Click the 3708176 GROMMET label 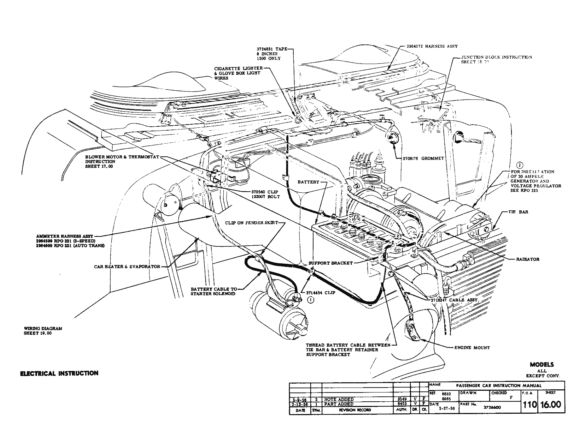(423, 158)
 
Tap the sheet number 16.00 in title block (551, 405)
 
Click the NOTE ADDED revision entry (339, 399)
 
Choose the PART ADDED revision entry (339, 404)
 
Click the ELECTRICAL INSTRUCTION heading (59, 373)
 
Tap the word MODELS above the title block (541, 365)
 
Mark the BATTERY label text (308, 182)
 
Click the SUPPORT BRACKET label (330, 263)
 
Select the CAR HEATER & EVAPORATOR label (127, 267)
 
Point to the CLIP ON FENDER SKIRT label (251, 223)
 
